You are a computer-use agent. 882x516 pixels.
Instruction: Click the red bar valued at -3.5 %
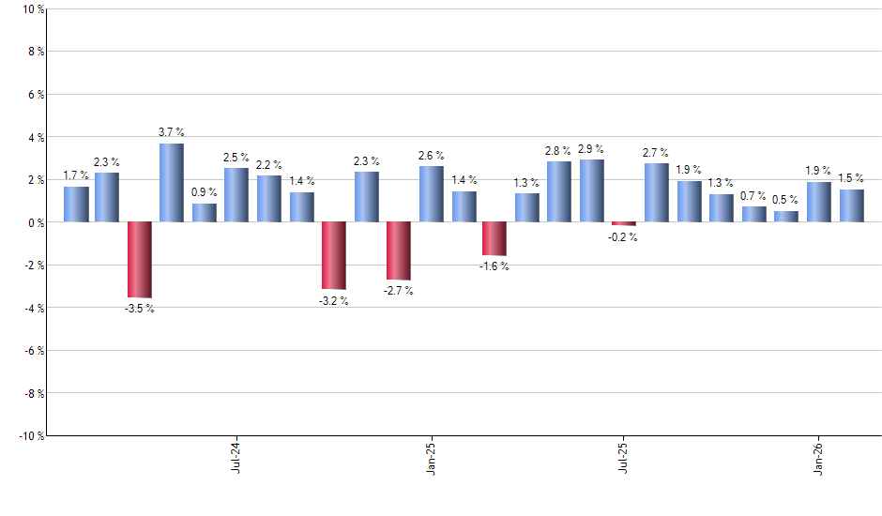[x=140, y=260]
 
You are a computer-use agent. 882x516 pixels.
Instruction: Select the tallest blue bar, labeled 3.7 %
[x=171, y=183]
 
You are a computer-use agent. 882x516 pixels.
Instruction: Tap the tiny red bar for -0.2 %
[x=624, y=224]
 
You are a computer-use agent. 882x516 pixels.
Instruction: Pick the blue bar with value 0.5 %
[x=786, y=217]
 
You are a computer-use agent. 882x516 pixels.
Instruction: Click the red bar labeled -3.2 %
[x=334, y=256]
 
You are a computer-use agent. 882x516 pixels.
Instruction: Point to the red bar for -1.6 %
[x=494, y=239]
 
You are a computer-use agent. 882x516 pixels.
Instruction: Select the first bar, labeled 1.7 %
[x=76, y=205]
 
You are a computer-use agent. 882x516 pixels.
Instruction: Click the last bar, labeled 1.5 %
[x=852, y=206]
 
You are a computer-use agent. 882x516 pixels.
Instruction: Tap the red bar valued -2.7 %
[x=399, y=250]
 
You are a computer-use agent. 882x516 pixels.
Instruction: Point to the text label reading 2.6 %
[x=432, y=156]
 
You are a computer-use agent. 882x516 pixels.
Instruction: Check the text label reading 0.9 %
[x=205, y=193]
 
